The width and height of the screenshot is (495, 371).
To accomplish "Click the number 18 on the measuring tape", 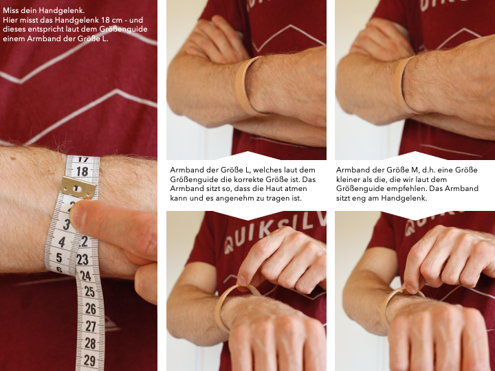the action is coord(82,171).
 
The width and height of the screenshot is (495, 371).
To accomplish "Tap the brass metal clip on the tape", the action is coord(78,188).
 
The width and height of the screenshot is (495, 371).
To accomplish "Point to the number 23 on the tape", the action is coord(82,259).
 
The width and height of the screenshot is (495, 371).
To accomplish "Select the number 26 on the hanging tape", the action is coord(91,308).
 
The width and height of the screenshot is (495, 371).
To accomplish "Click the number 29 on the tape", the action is coord(90,360).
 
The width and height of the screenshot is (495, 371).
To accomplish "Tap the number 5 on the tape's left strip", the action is coord(59,258).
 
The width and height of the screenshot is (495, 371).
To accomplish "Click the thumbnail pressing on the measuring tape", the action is coord(78,216).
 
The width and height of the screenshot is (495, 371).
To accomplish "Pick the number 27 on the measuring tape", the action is coord(91,326).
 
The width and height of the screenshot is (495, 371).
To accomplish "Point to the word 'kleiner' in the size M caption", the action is coord(347,179).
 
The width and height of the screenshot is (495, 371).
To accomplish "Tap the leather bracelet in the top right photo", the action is coord(402,85).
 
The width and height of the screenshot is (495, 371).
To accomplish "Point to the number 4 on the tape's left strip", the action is coord(62,242).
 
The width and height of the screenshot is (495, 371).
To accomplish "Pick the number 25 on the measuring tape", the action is coord(89,291).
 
